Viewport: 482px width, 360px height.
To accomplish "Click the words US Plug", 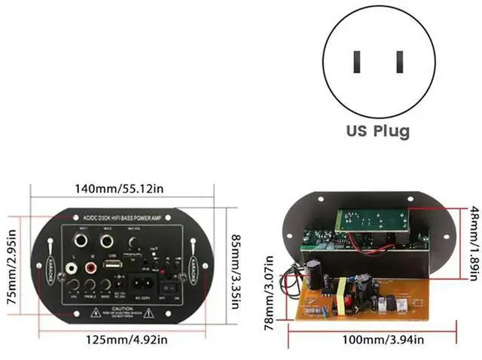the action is tap(378, 131).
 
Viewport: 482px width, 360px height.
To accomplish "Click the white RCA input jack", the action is tap(72, 266).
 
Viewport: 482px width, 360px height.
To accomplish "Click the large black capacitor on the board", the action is tap(314, 273).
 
